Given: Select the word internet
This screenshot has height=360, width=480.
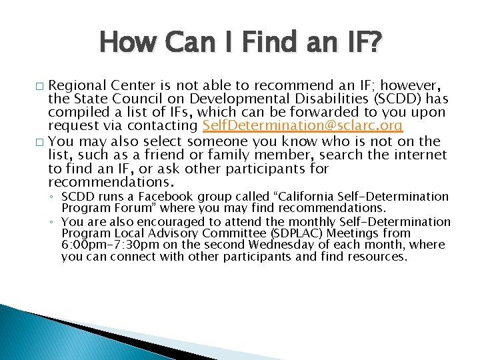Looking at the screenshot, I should (x=417, y=155).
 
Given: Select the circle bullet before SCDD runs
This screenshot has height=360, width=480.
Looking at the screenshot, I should (x=53, y=197).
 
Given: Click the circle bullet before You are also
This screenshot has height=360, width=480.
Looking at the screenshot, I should (x=53, y=221).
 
